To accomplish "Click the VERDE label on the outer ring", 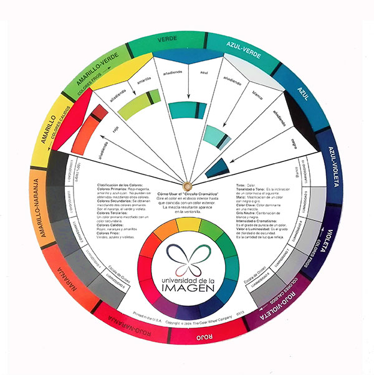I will click(x=166, y=39).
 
